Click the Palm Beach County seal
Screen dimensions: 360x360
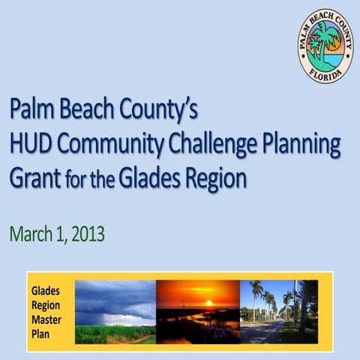tap(326, 46)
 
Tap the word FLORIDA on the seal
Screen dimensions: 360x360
tap(327, 75)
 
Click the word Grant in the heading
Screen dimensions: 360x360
tap(33, 180)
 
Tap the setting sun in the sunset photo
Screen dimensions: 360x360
tap(209, 302)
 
